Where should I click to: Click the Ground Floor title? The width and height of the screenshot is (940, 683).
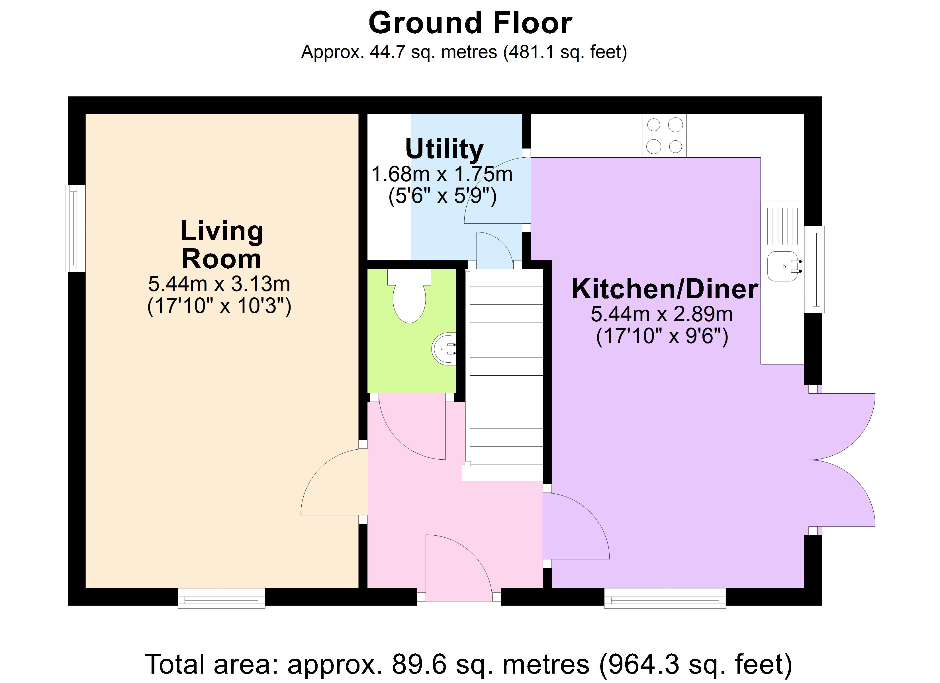pyautogui.click(x=470, y=23)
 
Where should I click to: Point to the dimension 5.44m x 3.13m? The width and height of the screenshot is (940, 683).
pyautogui.click(x=219, y=284)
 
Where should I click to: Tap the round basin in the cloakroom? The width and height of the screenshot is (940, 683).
pyautogui.click(x=445, y=348)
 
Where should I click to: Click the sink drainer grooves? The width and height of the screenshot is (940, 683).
pyautogui.click(x=782, y=226)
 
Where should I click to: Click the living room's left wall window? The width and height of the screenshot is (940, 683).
pyautogui.click(x=75, y=228)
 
